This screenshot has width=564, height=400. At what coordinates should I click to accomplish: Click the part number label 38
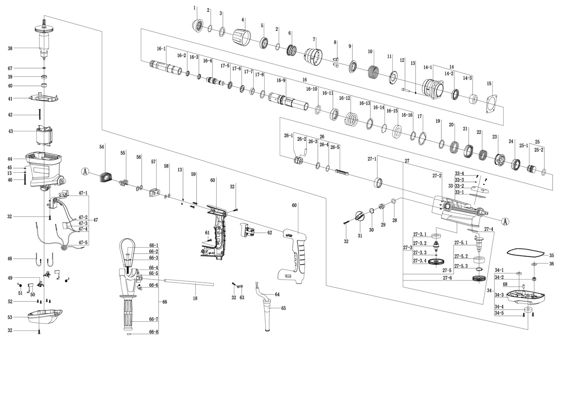10,48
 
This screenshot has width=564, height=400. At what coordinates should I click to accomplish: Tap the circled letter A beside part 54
85,171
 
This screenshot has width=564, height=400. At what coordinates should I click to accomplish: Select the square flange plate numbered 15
493,103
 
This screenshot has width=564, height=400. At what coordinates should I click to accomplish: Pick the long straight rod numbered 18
188,283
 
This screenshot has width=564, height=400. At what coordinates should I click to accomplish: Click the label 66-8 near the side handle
154,332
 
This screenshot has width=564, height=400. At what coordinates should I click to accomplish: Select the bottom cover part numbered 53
45,315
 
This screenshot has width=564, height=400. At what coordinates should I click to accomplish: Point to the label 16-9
281,81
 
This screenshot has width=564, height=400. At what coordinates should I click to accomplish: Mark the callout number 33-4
460,173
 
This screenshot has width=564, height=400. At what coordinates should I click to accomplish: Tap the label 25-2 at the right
539,150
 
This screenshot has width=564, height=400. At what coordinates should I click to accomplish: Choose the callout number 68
505,285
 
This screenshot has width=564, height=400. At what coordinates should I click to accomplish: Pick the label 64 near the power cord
277,295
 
